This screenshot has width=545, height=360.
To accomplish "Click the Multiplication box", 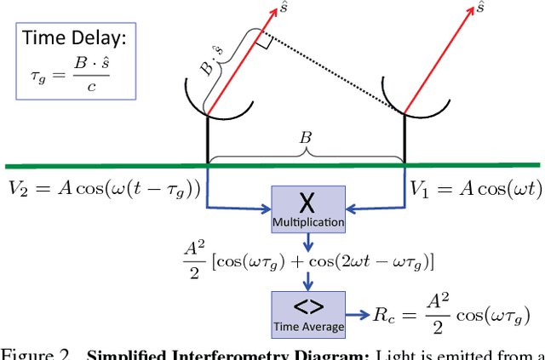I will (x=309, y=209).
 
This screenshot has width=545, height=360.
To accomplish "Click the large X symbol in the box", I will (x=309, y=201).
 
